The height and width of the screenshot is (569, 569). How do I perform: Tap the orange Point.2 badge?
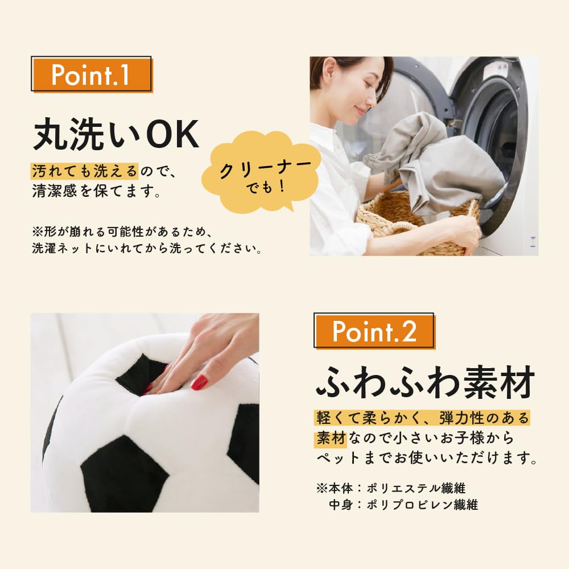click(x=374, y=332)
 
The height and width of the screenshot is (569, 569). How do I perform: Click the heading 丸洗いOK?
click(x=116, y=134)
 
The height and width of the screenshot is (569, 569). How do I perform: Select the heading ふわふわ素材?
click(x=425, y=383)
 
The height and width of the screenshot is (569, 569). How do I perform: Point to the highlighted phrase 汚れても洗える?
click(x=85, y=170)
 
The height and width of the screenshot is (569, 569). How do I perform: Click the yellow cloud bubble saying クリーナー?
click(x=265, y=173)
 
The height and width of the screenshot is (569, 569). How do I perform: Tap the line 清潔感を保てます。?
click(x=96, y=192)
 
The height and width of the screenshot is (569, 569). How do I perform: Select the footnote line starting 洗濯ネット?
click(x=147, y=249)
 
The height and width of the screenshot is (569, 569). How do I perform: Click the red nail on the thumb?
click(x=199, y=383)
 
